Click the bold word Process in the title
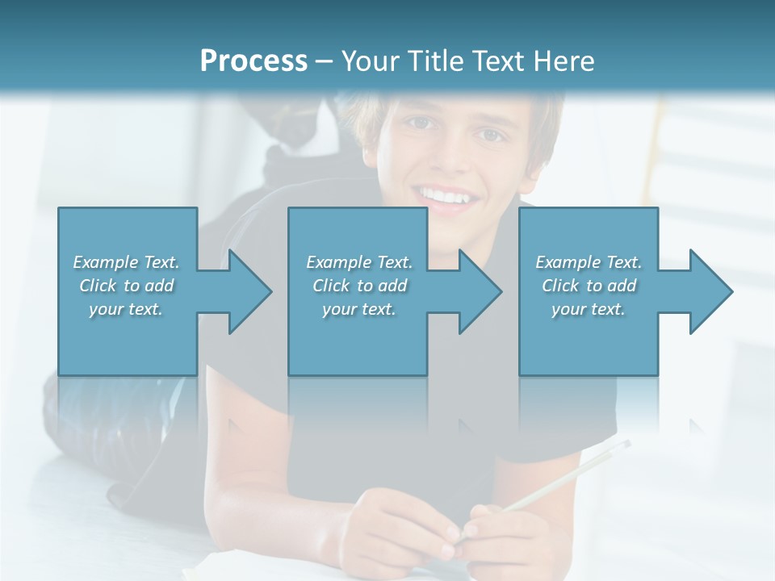point(253,61)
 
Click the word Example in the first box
point(105,262)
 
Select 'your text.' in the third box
point(588,309)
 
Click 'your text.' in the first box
point(126,309)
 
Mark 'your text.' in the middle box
point(358,309)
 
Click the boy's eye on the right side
point(488,134)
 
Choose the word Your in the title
point(368,61)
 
